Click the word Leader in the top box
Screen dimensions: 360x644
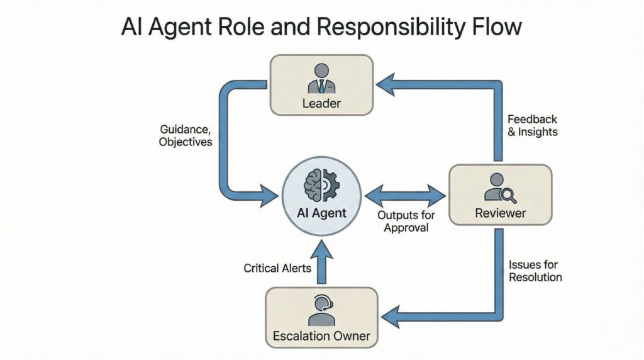[x=321, y=103]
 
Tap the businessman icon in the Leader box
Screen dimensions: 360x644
[x=321, y=78]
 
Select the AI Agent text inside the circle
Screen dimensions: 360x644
[x=321, y=213]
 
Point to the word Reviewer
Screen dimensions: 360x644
[x=501, y=213]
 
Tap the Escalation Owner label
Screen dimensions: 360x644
[x=321, y=335]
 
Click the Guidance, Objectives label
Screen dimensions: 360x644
[x=186, y=136]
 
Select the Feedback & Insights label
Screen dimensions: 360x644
[x=532, y=125]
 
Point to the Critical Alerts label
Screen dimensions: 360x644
[x=277, y=268]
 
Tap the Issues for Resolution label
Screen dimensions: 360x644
[x=535, y=271]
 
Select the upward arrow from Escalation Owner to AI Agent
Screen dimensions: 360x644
[x=321, y=264]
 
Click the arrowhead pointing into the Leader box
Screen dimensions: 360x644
[x=386, y=85]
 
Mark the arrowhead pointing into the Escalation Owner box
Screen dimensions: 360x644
[x=391, y=316]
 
